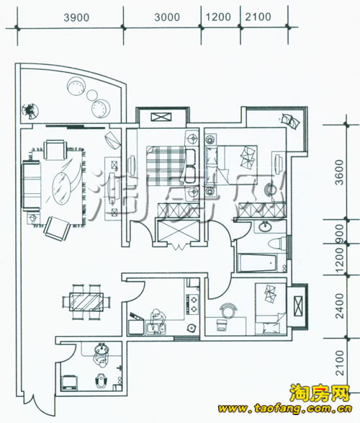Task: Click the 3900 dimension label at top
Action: point(76,17)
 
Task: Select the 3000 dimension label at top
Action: point(167,17)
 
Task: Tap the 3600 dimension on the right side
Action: point(340,172)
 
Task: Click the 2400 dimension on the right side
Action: point(340,306)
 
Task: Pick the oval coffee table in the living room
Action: point(61,188)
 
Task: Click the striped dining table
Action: point(86,302)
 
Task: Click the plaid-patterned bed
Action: point(166,165)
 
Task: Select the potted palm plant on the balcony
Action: point(30,110)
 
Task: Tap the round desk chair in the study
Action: point(228,308)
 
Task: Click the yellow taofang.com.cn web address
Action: point(285,409)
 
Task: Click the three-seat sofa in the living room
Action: point(32,186)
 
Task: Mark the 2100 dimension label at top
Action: point(258,17)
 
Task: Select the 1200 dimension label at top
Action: point(218,17)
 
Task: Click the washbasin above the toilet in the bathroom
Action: point(265,226)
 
